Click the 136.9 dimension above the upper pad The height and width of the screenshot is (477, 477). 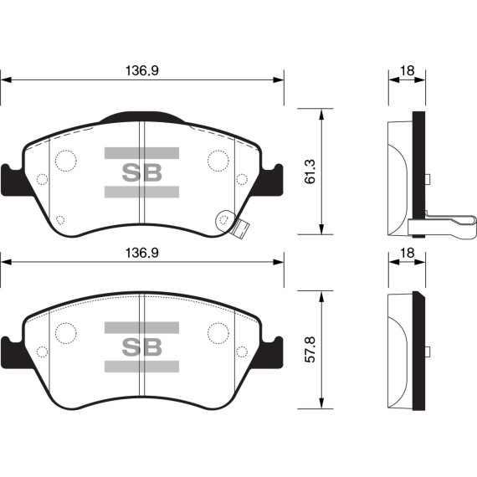[x=142, y=71]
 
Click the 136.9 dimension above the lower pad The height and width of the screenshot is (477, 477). [x=142, y=253]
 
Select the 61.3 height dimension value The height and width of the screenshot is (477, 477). [x=310, y=172]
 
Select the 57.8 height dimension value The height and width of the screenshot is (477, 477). [x=310, y=350]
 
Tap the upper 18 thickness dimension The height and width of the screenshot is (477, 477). [x=407, y=70]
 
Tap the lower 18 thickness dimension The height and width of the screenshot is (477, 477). [x=407, y=253]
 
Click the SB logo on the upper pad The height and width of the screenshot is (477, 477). [x=141, y=172]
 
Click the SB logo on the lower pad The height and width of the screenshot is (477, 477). [x=141, y=347]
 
